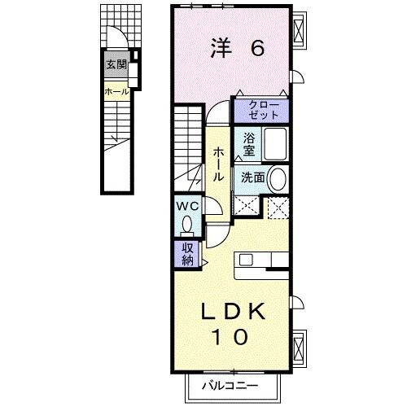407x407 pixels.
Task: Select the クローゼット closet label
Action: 261,110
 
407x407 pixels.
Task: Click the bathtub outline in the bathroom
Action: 275,145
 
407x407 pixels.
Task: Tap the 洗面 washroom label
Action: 250,177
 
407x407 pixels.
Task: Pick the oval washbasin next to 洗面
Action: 278,178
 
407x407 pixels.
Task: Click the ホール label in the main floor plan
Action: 219,164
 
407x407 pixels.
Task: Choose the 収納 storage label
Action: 187,254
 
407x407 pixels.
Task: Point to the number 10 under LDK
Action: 234,336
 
